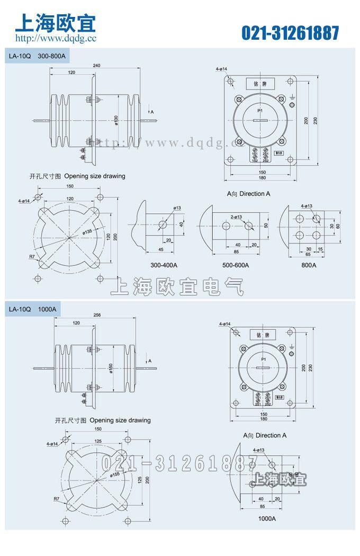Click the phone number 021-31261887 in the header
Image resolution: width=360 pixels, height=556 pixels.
(290, 33)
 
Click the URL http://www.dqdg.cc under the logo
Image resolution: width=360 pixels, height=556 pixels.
(56, 39)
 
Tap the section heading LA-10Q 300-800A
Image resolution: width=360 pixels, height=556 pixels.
(37, 55)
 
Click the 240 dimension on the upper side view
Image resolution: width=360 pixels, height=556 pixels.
(96, 65)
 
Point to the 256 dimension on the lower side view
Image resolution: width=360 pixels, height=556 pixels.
(96, 315)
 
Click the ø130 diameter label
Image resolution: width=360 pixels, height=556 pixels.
(116, 120)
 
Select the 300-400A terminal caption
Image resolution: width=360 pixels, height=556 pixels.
(164, 265)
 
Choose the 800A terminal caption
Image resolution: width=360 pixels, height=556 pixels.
(308, 265)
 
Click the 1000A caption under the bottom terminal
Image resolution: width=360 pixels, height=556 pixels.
(267, 518)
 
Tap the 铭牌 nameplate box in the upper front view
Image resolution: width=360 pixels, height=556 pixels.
(260, 84)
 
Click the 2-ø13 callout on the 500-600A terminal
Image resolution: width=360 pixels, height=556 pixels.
(236, 217)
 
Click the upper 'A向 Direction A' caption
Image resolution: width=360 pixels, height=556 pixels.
(249, 194)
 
